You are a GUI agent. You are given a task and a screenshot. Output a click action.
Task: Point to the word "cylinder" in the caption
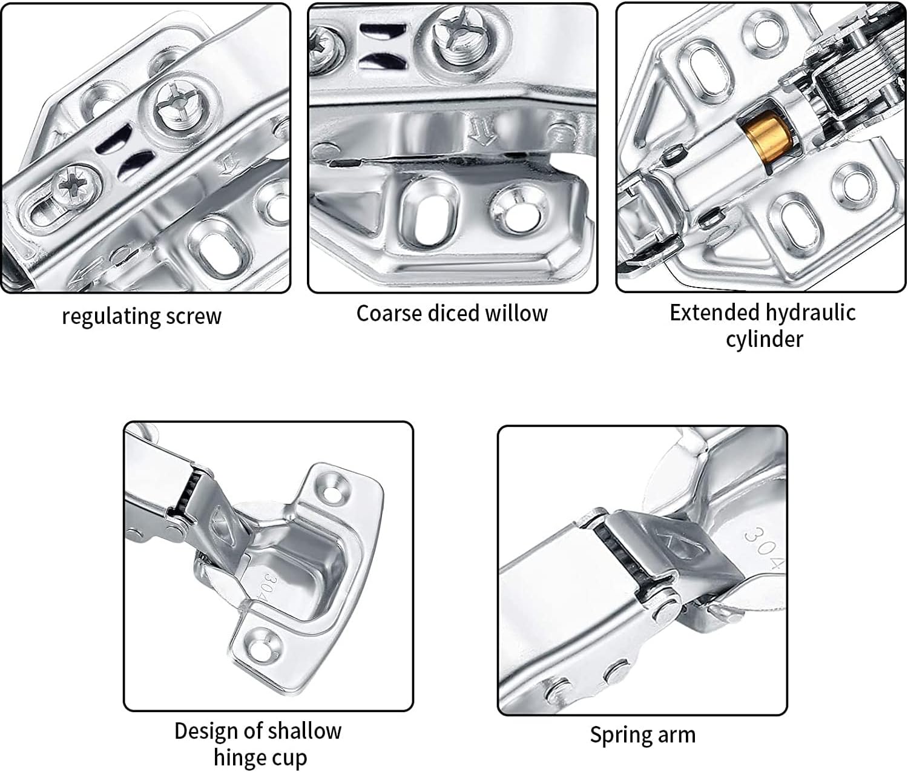coord(764,339)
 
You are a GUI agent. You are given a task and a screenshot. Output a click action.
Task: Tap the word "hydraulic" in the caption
coord(809,312)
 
